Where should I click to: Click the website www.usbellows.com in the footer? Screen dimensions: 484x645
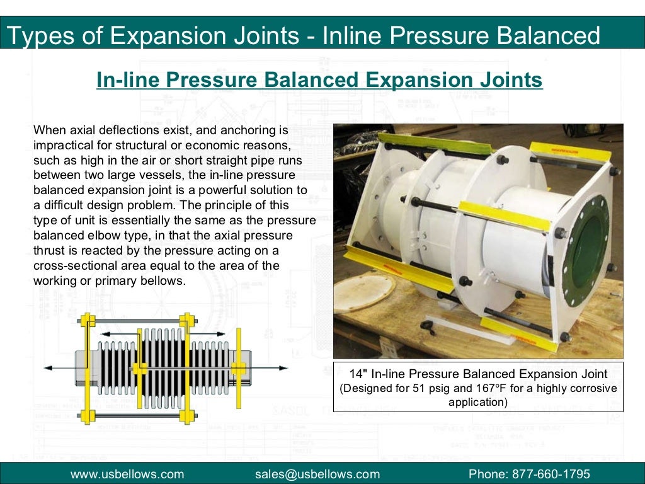[x=127, y=474]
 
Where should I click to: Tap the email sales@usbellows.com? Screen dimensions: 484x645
[x=317, y=474]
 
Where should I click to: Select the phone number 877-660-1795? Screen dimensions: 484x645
[x=554, y=474]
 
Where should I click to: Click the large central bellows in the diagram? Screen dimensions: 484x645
[x=163, y=369]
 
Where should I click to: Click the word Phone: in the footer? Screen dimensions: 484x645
[x=489, y=474]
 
